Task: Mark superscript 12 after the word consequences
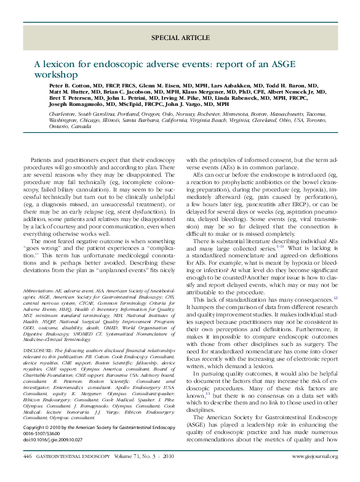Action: [335, 297]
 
